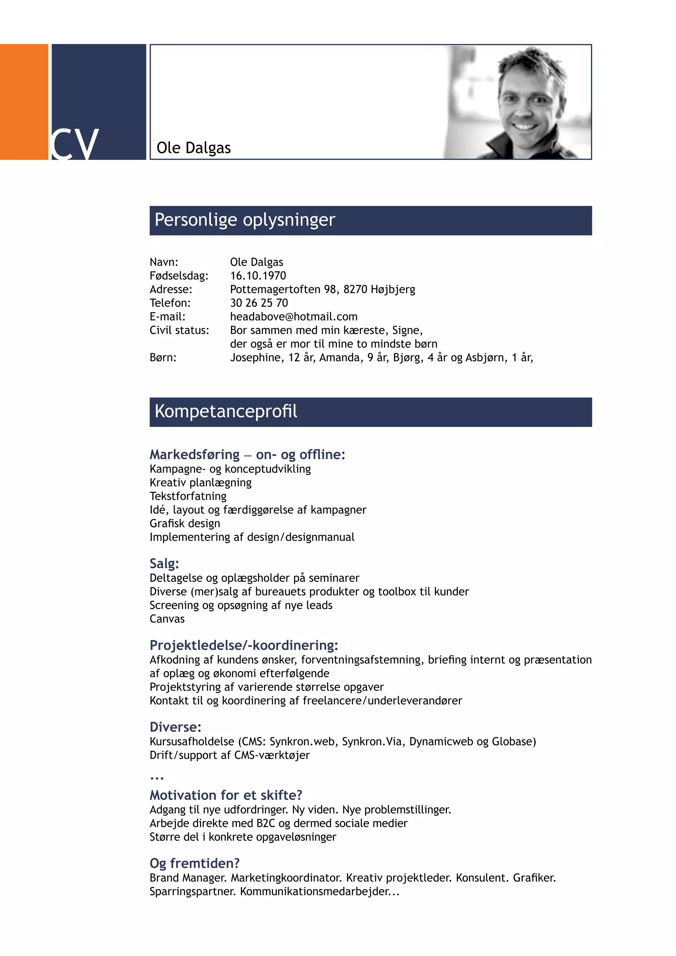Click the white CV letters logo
coord(75,144)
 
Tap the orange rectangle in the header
coord(24,102)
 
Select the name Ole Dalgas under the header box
coord(193,148)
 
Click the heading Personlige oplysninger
coord(245,220)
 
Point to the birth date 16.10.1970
coord(258,276)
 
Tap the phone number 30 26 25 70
coord(259,303)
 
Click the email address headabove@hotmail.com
coord(293,317)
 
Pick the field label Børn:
coord(163,357)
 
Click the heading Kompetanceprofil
coord(226,411)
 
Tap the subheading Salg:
coord(164,563)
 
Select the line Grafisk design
coord(185,523)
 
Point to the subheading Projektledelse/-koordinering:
coord(244,645)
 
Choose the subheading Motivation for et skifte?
coord(226,795)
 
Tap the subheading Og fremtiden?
coord(194,863)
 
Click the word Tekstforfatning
coord(188,496)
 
